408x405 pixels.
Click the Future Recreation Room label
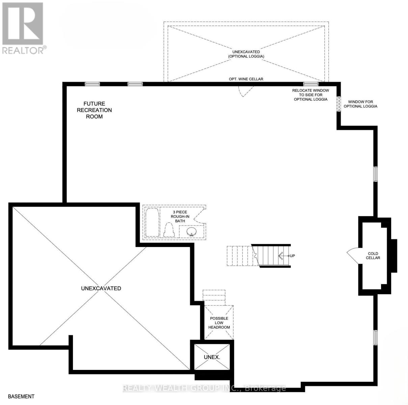[94, 110]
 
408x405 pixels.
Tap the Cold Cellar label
[373, 256]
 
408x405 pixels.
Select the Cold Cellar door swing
[353, 256]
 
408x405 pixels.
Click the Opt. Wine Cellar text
[246, 79]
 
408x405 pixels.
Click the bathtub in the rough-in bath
[152, 223]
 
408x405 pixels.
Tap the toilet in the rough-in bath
[169, 231]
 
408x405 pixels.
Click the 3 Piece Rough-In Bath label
[180, 217]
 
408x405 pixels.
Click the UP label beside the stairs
[292, 256]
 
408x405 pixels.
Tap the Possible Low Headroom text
[219, 323]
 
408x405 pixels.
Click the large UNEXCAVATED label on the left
[101, 288]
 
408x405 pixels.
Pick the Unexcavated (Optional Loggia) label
[246, 54]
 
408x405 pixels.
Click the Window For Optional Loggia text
[362, 104]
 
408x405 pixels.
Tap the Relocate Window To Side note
[310, 95]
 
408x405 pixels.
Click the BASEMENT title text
[21, 397]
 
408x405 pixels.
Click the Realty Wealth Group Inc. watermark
[204, 388]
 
